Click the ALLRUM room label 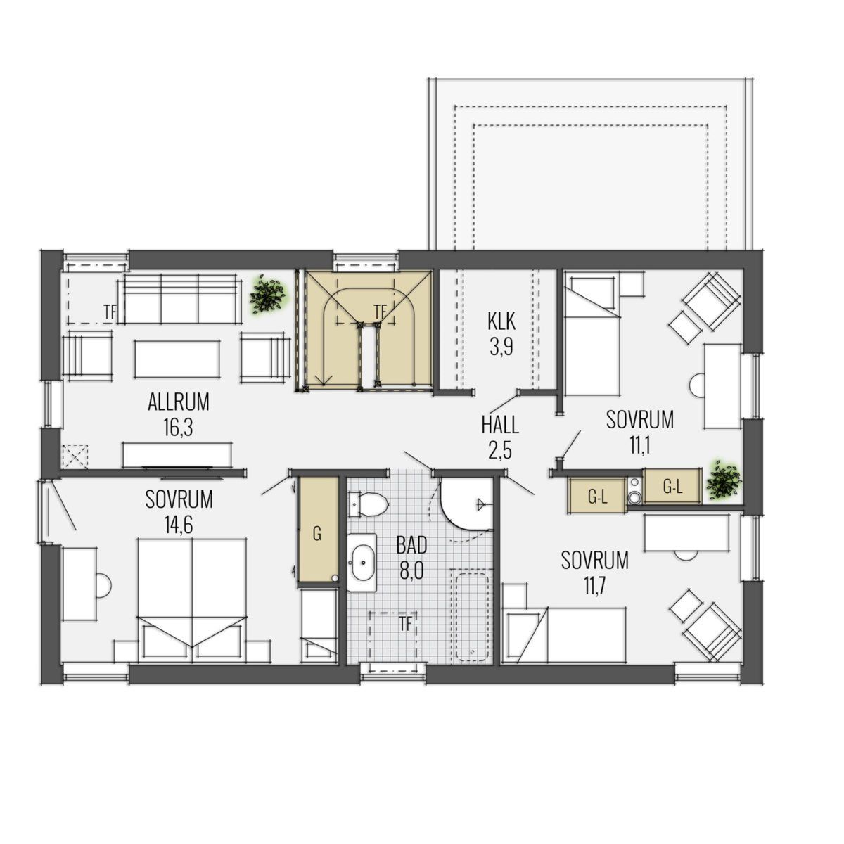[x=178, y=402]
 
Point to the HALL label [x=500, y=425]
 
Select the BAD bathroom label [x=411, y=544]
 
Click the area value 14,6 [x=179, y=525]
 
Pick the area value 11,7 [x=594, y=586]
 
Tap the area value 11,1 [x=639, y=445]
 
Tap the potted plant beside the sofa [x=267, y=293]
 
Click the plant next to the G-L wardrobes [x=724, y=480]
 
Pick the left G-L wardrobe [x=597, y=497]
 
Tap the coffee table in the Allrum [x=177, y=359]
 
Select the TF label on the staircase [x=381, y=312]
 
